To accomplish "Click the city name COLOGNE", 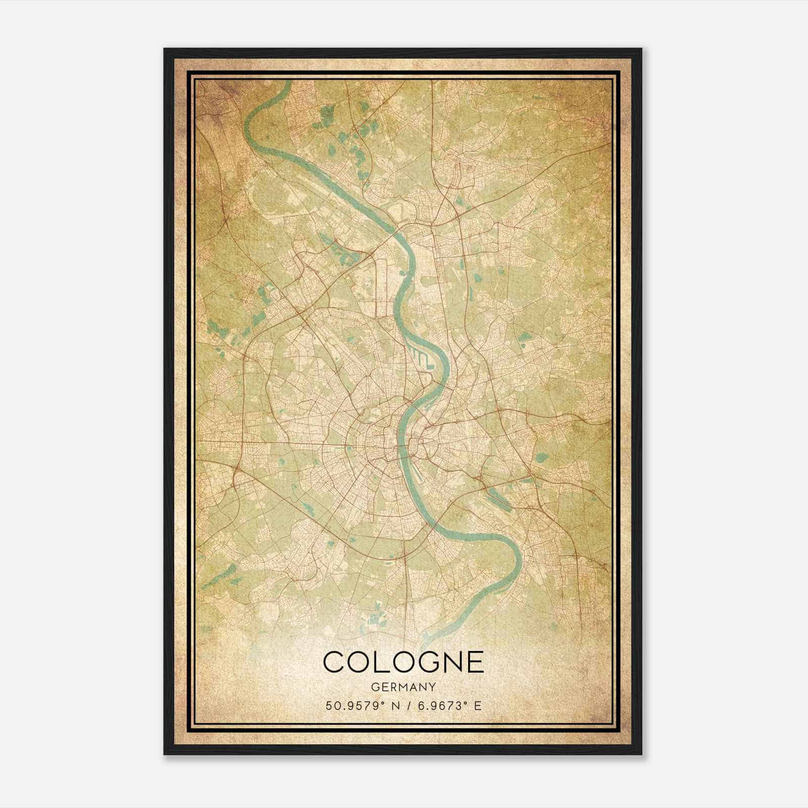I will pos(403,662).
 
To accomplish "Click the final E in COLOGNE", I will pos(475,662).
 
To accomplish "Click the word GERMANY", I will pos(403,687).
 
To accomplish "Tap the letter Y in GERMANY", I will pos(432,687).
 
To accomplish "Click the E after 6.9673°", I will pos(477,705).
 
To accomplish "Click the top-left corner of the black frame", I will pos(165,49).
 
